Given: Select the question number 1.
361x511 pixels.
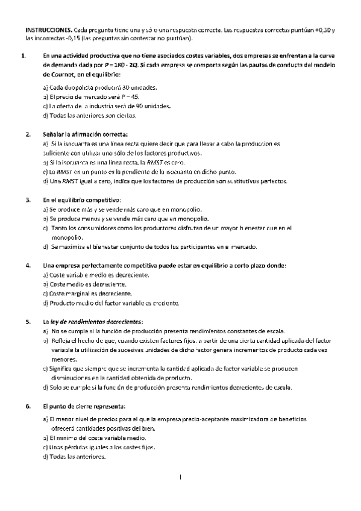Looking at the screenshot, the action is pos(23,56).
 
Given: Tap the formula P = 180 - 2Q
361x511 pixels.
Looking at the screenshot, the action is pos(145,65).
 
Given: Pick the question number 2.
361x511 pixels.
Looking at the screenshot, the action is pos(28,134).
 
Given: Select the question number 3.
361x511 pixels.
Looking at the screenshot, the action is pos(28,199).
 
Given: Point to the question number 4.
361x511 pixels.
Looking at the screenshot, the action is pos(28,266).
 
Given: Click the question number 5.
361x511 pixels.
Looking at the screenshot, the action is pos(28,322).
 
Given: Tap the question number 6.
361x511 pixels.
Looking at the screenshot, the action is pos(28,406).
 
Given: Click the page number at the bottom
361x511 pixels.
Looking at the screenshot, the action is pos(180,478).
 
